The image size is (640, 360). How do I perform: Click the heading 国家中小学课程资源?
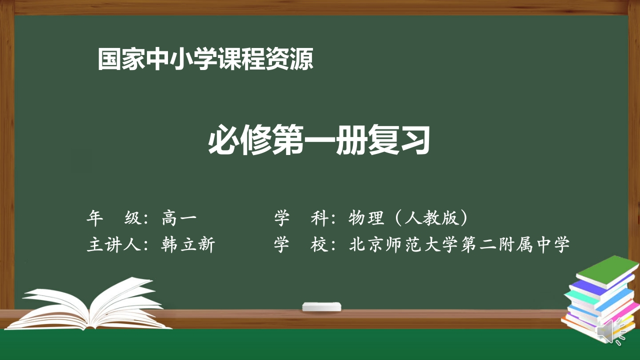click(205, 59)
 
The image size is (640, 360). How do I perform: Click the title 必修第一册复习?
click(319, 140)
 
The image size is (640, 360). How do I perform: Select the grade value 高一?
click(179, 218)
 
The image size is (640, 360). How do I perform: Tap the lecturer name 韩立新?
click(188, 245)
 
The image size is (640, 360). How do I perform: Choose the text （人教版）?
click(430, 218)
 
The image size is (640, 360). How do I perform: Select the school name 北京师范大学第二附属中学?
click(459, 245)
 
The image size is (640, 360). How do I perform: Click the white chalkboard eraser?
click(321, 306)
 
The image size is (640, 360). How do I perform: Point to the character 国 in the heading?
click(109, 59)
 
